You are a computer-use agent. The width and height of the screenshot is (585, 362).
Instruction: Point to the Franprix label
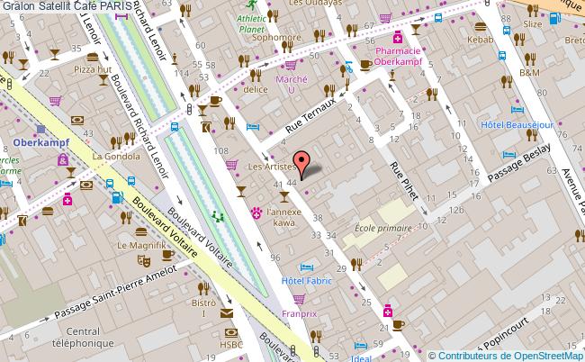299,316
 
